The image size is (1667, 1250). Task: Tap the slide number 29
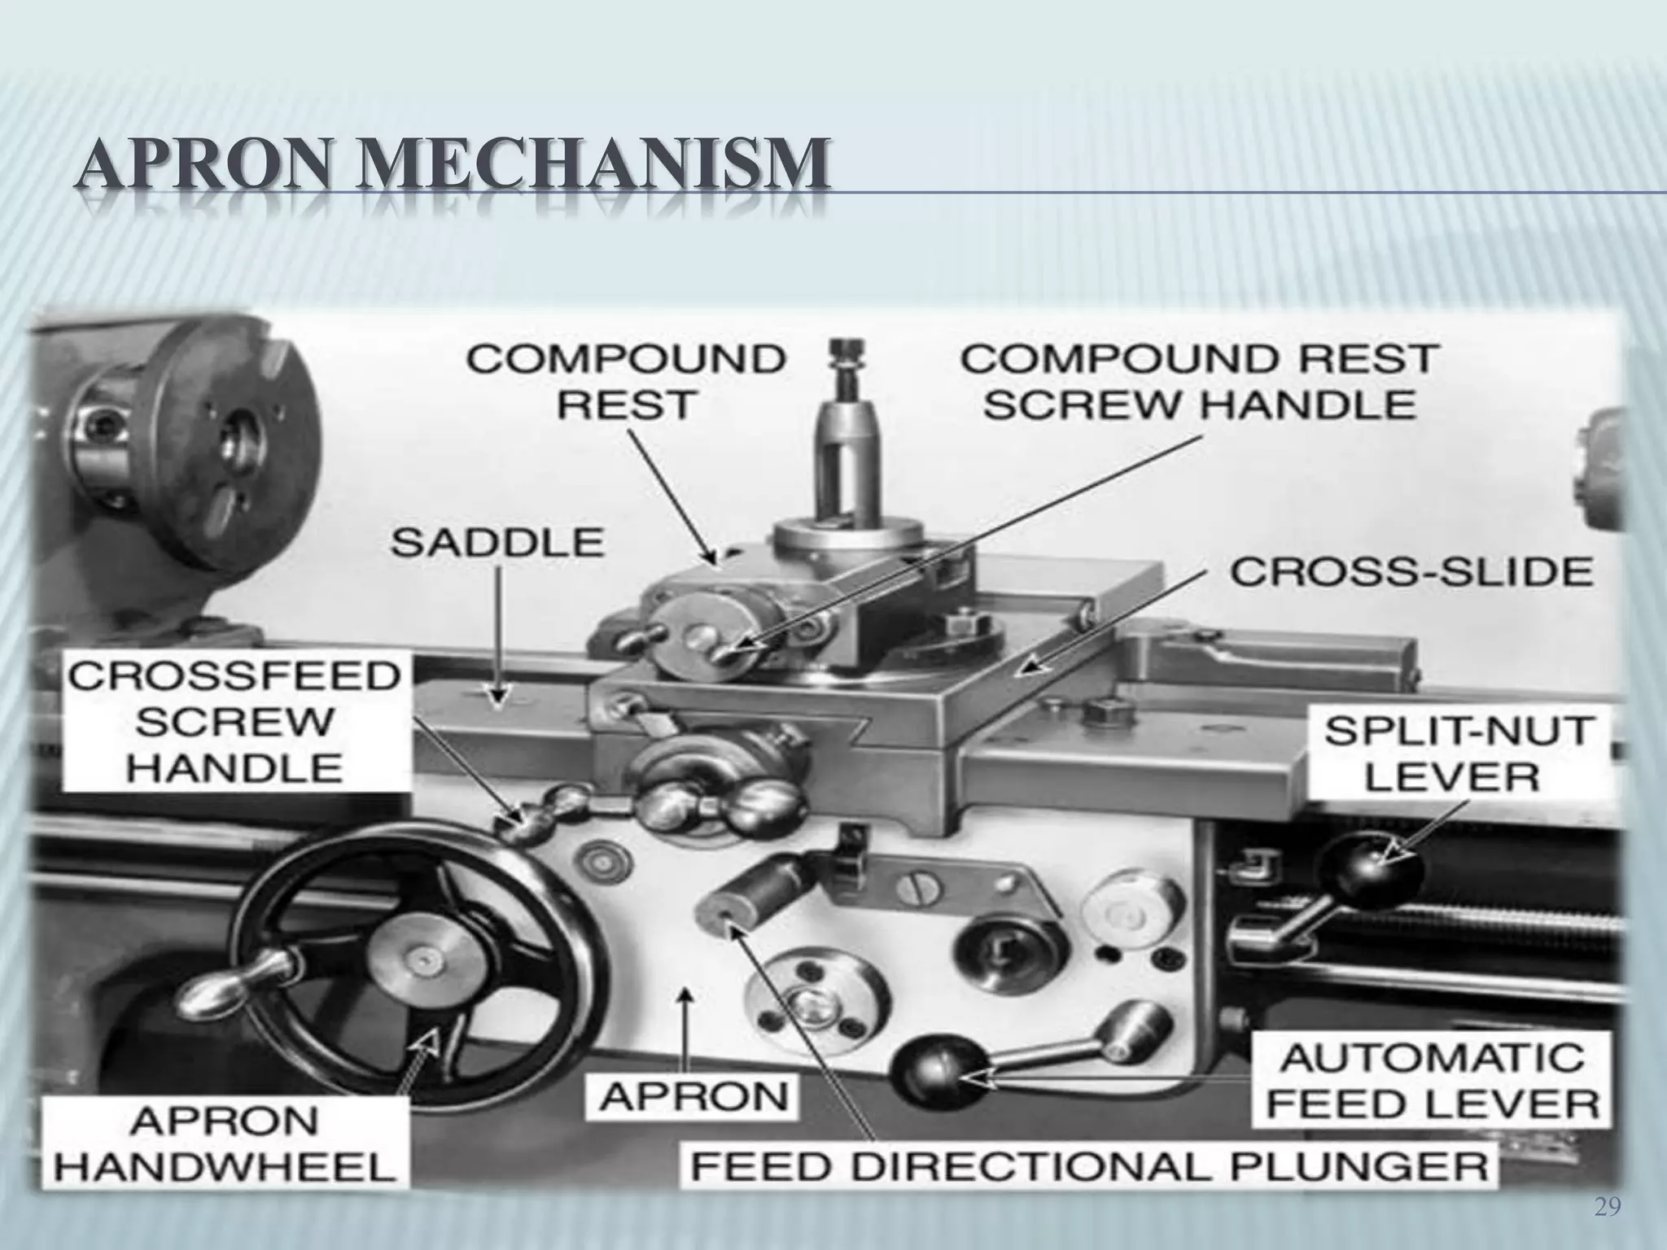[1606, 1209]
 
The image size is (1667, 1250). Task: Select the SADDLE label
[497, 543]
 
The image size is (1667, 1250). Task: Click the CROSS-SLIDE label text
[1411, 572]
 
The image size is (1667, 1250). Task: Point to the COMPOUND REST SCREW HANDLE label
[1200, 382]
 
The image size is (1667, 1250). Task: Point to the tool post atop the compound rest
[847, 456]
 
